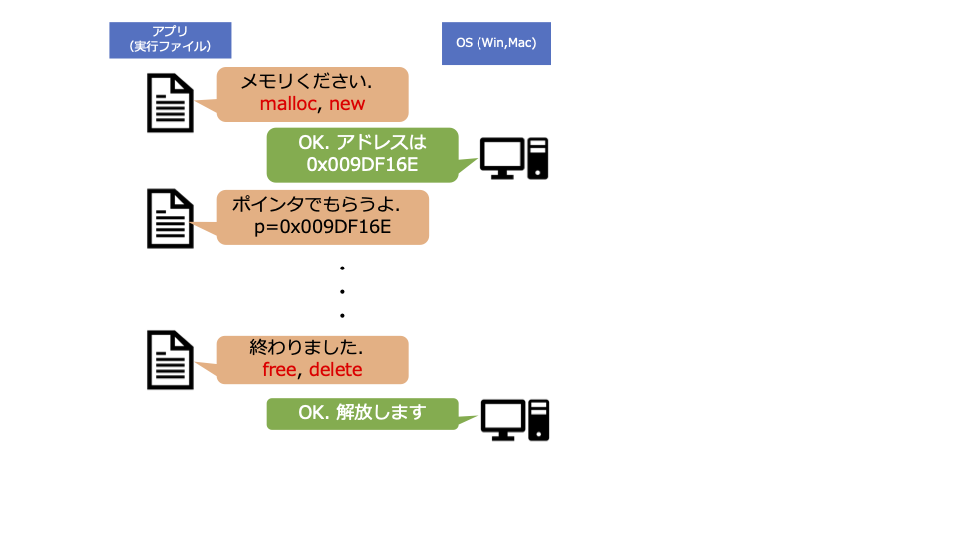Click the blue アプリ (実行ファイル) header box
(x=170, y=40)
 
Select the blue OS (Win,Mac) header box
(x=496, y=43)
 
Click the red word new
(x=348, y=104)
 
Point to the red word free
(x=279, y=370)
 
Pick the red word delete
(x=335, y=370)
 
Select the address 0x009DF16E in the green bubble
(x=361, y=164)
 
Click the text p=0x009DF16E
(x=322, y=228)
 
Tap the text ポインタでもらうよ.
(x=316, y=205)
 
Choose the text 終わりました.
(x=305, y=348)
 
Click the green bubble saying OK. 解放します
(x=362, y=413)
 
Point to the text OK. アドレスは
(x=362, y=142)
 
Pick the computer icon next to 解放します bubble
(x=515, y=420)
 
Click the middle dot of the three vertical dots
(x=342, y=292)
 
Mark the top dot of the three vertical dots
(x=342, y=269)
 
